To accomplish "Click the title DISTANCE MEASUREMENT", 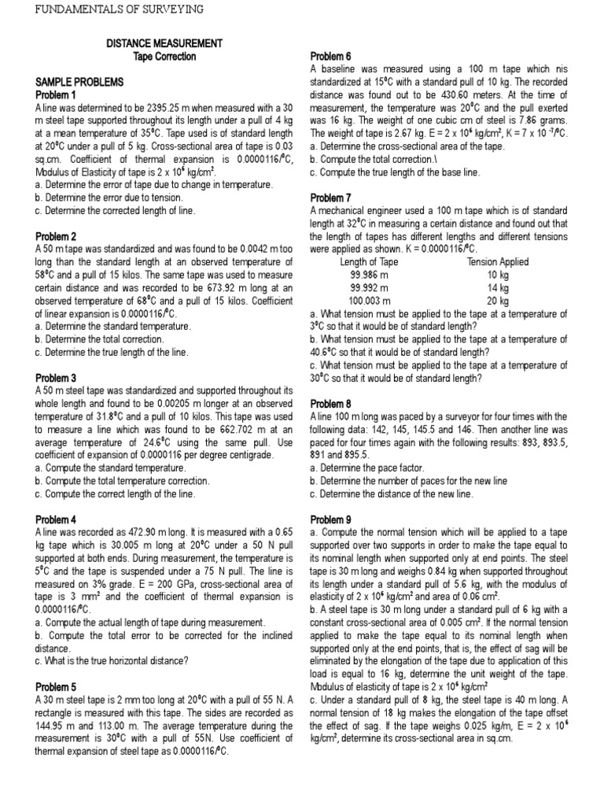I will (x=164, y=43).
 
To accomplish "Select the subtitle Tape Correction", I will (x=164, y=57).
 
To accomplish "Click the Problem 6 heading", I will (x=331, y=57).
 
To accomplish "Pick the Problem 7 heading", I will (x=331, y=198).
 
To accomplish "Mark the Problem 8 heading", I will (x=331, y=403).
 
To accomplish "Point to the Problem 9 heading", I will (x=331, y=519).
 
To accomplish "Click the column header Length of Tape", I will (x=369, y=261).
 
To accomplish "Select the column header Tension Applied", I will (x=498, y=261).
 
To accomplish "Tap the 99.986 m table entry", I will (x=369, y=275).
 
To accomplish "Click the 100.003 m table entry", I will (x=369, y=300).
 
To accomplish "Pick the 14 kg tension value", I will (x=498, y=287).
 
